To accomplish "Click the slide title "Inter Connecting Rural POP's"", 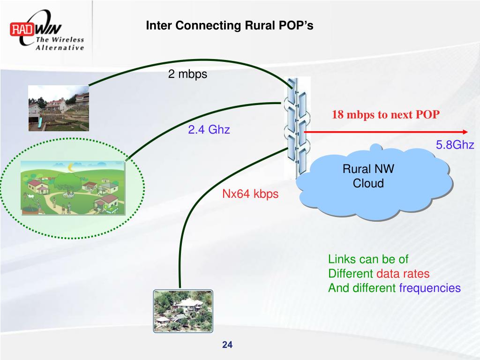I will click(229, 25).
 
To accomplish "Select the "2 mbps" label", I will click(187, 74).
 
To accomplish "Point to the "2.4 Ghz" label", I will click(209, 130).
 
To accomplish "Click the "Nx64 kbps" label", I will click(250, 194).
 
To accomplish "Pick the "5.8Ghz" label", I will click(455, 145).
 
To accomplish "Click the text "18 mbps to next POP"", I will click(386, 115).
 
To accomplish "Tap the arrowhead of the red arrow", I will click(465, 132).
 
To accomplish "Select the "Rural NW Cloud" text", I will click(368, 176).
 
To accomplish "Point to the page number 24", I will click(227, 345).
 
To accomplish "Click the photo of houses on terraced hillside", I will click(59, 108).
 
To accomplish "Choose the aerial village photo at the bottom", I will click(183, 311).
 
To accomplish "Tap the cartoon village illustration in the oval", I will click(73, 187).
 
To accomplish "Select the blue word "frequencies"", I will click(430, 288).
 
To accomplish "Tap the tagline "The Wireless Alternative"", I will click(60, 44).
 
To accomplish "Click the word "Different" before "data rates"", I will click(351, 274).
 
